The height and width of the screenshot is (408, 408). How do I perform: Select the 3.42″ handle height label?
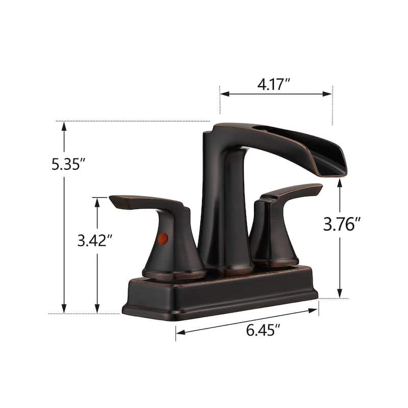pos(94,241)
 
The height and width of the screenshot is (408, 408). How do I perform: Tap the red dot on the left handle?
pos(163,238)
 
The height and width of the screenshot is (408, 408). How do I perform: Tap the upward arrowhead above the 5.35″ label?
pos(64,125)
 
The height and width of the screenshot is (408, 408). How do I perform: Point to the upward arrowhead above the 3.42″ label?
pos(97,201)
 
